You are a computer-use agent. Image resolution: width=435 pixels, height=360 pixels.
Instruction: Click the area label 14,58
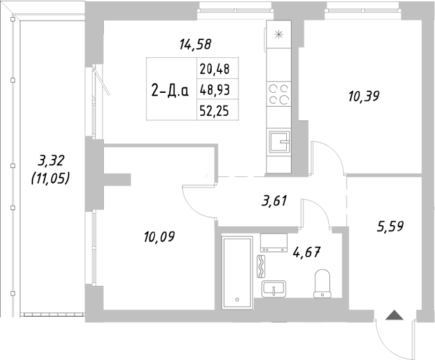(195, 45)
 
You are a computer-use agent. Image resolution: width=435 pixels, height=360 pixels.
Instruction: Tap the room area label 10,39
(364, 97)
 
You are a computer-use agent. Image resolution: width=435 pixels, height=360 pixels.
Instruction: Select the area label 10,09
(159, 237)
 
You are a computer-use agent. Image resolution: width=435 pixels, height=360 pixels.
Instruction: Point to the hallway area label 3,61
(275, 202)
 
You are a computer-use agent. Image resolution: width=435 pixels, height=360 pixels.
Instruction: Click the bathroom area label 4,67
(305, 251)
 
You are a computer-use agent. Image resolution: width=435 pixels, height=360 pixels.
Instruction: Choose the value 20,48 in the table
(214, 68)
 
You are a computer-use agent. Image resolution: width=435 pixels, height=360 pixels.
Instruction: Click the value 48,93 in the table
(214, 89)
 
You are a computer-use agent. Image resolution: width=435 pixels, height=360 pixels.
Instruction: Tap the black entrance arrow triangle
(394, 314)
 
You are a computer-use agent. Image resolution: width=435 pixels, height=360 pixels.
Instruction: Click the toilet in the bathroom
(323, 283)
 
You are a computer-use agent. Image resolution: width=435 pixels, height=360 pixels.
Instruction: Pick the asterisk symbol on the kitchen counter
(277, 35)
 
